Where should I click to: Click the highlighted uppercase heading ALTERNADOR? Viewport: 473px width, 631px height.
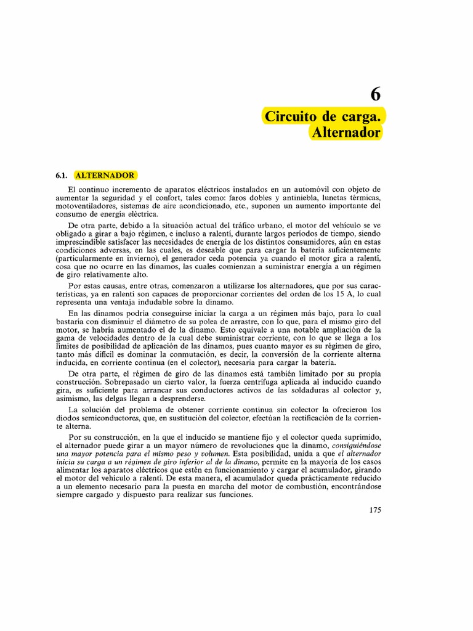click(105, 175)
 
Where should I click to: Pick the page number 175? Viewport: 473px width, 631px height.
click(375, 510)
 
